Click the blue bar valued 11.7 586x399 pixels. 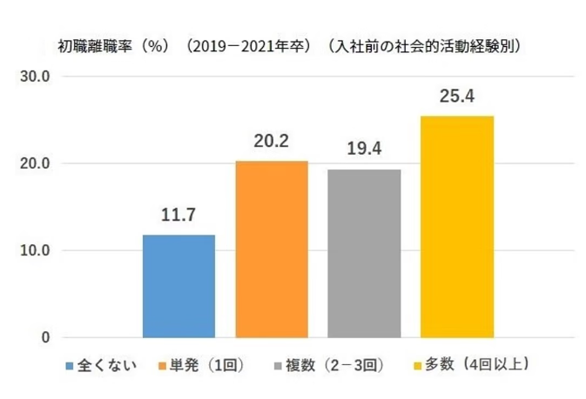click(x=178, y=286)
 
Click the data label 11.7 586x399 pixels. click(x=178, y=214)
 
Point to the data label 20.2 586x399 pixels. click(x=271, y=140)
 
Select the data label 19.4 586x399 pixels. click(x=364, y=148)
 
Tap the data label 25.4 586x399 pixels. click(x=456, y=95)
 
